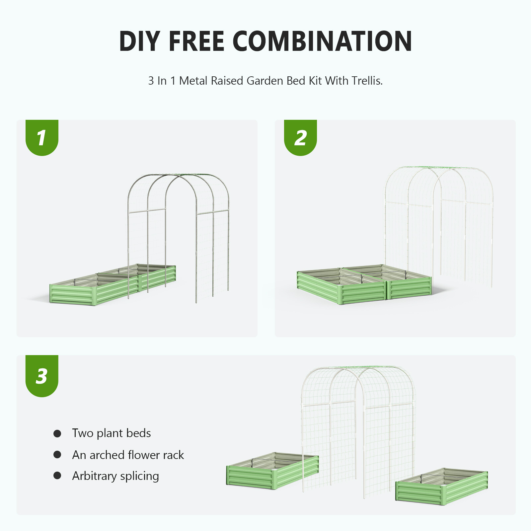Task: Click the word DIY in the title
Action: click(x=139, y=41)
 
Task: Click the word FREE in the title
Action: click(x=196, y=41)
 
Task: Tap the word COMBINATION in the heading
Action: click(x=322, y=41)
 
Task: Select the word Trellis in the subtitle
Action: click(x=367, y=81)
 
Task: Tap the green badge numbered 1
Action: click(x=42, y=137)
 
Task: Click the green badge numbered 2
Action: click(x=300, y=137)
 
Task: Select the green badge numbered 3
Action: click(x=42, y=376)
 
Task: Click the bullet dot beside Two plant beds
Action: click(x=57, y=433)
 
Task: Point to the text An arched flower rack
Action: click(x=128, y=455)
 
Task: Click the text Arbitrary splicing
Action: click(x=115, y=476)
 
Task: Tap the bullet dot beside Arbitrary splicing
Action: click(x=57, y=476)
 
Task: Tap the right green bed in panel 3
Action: click(x=441, y=488)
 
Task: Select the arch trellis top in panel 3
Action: click(x=358, y=370)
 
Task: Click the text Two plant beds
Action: click(x=111, y=433)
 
